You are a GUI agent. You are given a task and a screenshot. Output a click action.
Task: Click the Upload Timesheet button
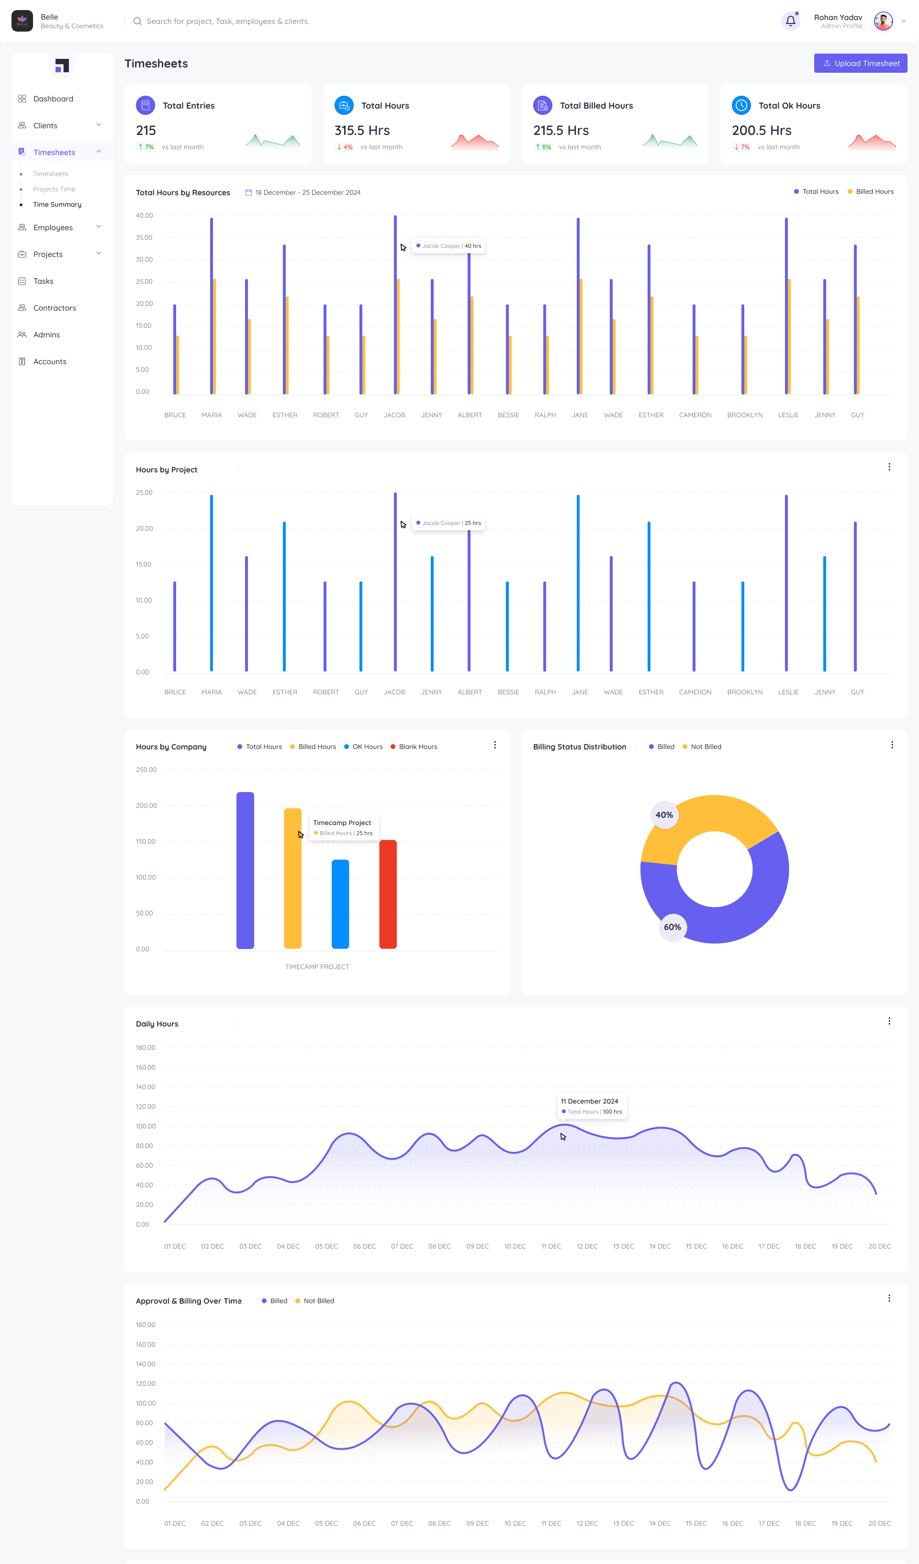coord(860,63)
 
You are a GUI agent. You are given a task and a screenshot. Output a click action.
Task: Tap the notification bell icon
coord(790,21)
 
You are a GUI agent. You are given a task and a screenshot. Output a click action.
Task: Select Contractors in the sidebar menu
coord(55,308)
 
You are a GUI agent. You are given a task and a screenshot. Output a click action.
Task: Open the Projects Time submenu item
coord(54,190)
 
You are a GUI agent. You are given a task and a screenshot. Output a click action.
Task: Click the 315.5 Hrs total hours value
coord(362,130)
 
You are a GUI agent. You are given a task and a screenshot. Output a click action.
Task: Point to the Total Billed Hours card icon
coord(542,105)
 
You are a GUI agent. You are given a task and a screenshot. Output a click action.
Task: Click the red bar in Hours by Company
coord(388,894)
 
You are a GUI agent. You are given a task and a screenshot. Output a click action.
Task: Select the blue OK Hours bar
coord(340,904)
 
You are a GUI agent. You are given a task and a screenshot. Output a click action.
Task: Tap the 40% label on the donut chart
coord(664,815)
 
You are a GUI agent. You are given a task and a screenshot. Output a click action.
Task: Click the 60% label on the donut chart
coord(672,927)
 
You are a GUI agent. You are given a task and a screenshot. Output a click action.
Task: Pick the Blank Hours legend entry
coord(417,747)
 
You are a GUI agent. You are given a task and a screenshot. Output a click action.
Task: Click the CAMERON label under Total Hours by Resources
coord(695,415)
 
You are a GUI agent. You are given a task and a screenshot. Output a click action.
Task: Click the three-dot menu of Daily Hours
coord(888,1021)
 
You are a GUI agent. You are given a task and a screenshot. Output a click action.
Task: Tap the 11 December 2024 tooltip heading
coord(589,1101)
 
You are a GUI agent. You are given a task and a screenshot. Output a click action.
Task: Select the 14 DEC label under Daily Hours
coord(659,1246)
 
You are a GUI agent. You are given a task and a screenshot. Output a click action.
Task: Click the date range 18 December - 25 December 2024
coord(307,192)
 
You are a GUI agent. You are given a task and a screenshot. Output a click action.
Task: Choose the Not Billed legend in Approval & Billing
coord(318,1301)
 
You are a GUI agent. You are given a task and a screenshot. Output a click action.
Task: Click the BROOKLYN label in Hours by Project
coord(745,692)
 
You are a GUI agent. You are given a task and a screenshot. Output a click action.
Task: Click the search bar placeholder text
coord(228,21)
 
